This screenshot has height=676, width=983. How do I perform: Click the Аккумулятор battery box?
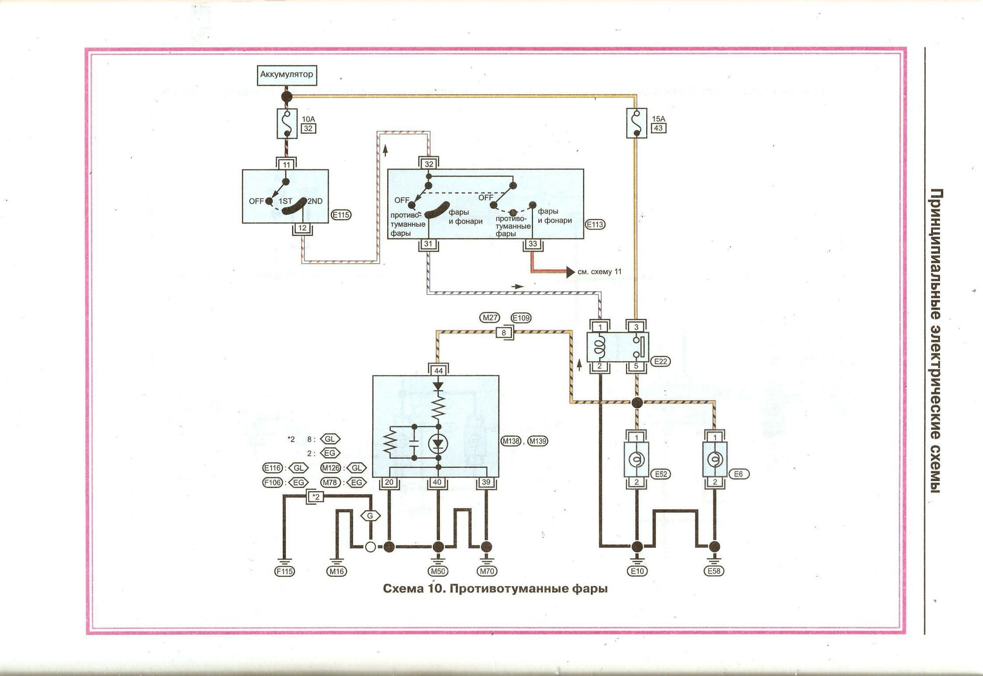[x=287, y=74]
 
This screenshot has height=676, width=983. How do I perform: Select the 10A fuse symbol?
[x=287, y=124]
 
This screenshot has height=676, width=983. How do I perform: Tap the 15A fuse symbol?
[x=636, y=123]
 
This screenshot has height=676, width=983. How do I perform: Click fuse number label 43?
[x=658, y=128]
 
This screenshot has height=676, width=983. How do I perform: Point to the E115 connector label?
[x=341, y=215]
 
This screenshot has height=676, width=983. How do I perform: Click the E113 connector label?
[x=595, y=224]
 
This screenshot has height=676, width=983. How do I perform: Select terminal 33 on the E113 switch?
[x=533, y=244]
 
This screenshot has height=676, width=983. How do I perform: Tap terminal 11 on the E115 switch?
[x=287, y=165]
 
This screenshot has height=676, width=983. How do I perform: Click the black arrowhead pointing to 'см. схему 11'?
[x=570, y=272]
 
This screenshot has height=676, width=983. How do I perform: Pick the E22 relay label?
[x=660, y=361]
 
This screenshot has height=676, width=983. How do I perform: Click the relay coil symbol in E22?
[x=600, y=347]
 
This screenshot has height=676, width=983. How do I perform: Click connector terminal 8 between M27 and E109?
[x=504, y=333]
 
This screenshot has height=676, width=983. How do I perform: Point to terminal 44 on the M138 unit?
[x=438, y=371]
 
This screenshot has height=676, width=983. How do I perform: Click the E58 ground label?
[x=714, y=571]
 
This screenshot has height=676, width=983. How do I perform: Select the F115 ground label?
[x=284, y=571]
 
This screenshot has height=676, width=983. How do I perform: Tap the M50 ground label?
[x=438, y=571]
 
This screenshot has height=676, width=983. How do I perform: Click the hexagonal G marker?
[x=370, y=516]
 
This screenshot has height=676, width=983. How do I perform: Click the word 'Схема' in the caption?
[x=401, y=588]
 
